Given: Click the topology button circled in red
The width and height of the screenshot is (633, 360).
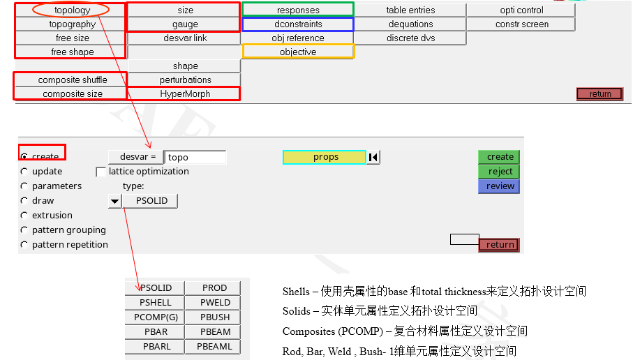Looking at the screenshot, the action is [x=71, y=10].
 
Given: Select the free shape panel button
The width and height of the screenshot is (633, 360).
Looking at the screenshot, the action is [x=72, y=52].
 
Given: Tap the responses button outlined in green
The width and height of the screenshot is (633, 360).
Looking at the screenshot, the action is [x=298, y=10].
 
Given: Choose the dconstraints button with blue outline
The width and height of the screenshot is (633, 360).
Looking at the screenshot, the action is [x=298, y=24].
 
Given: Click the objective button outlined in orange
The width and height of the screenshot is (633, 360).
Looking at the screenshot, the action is [x=298, y=52].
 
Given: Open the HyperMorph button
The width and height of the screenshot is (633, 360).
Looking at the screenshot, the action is [x=184, y=94].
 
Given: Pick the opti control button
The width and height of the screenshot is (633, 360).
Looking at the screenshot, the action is [x=521, y=10].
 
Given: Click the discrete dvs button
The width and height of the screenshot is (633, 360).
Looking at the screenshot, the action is [x=410, y=38].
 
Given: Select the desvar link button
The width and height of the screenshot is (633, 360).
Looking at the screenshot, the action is [x=184, y=38].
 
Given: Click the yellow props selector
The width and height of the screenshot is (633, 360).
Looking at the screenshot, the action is [x=325, y=157].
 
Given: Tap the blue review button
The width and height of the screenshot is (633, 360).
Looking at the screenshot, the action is [x=499, y=186].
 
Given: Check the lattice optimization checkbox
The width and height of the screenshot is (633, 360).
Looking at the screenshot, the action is [x=101, y=172].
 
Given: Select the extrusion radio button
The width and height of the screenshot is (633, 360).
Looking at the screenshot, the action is [x=24, y=216].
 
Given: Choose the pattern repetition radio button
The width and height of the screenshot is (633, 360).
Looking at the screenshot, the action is [x=24, y=245].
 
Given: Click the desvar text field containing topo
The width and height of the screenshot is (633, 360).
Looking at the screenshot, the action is [x=195, y=157].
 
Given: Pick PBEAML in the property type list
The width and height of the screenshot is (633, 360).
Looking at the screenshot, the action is [x=214, y=347].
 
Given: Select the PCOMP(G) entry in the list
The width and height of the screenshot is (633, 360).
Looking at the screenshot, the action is [x=155, y=317].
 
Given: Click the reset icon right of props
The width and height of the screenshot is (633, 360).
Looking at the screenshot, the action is [x=373, y=157].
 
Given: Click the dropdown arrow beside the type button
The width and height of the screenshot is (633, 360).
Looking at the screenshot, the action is [x=114, y=201].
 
